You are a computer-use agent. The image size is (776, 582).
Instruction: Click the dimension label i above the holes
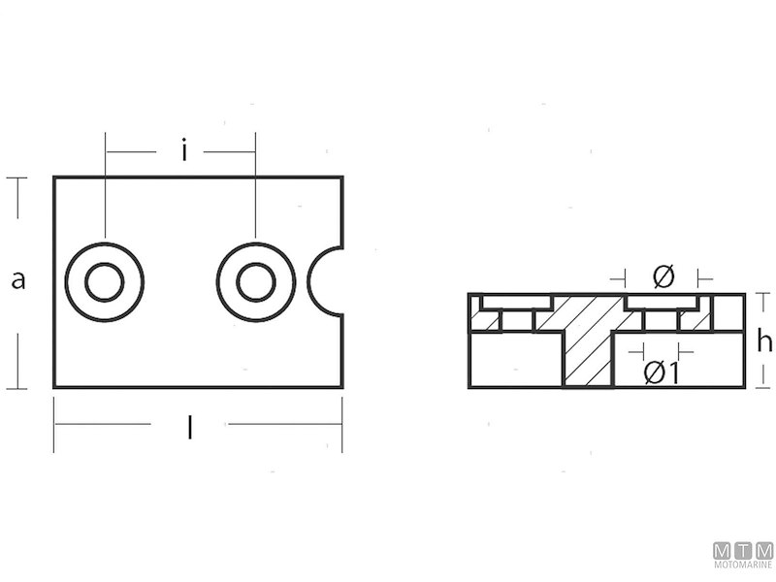(182, 150)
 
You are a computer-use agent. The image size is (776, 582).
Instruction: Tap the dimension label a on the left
(17, 281)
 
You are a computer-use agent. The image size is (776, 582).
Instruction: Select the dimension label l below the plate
(189, 428)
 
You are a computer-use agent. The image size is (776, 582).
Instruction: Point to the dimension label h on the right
(764, 340)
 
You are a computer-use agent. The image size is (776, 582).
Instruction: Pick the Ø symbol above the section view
(663, 277)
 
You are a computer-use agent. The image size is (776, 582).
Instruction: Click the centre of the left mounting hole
(104, 282)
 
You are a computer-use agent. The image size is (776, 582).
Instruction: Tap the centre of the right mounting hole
(256, 282)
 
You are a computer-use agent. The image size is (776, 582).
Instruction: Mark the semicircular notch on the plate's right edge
(328, 282)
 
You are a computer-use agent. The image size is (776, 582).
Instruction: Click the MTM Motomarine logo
(742, 554)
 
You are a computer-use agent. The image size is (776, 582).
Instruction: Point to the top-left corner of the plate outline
(54, 178)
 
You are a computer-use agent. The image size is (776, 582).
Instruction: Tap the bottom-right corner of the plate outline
(342, 388)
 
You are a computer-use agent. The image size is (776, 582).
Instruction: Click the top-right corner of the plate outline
(342, 178)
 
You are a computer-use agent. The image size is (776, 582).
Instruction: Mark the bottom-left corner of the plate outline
(54, 388)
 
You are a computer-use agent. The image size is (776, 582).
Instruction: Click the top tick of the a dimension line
(16, 178)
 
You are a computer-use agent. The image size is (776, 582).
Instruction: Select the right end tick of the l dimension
(342, 425)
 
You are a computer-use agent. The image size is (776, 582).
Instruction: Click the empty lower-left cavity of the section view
(515, 360)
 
